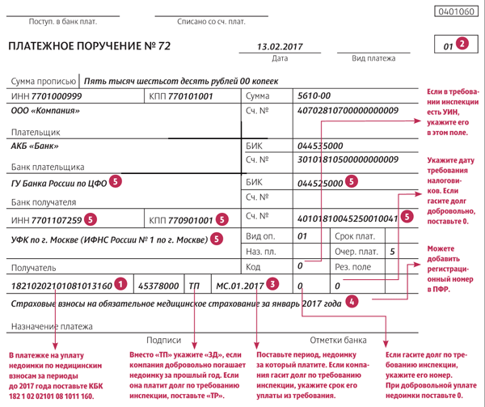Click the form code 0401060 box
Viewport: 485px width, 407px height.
click(456, 12)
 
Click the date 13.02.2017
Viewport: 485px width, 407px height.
click(279, 46)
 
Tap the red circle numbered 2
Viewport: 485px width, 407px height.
click(462, 45)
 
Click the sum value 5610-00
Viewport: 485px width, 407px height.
click(314, 95)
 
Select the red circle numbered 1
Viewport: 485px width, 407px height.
click(121, 284)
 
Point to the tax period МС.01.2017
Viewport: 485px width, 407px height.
click(240, 285)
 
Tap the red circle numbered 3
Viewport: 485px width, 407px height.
click(274, 284)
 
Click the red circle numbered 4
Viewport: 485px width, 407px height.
click(351, 303)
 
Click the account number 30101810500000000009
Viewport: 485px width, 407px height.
click(348, 159)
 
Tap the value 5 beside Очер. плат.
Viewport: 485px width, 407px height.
click(392, 252)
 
